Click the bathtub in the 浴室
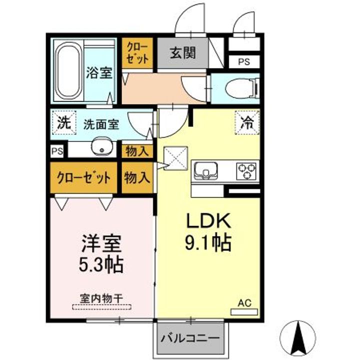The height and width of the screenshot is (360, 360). [68, 70]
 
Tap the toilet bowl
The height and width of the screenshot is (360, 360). [242, 89]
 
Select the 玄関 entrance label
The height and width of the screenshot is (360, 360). [183, 53]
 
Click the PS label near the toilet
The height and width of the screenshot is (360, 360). [244, 62]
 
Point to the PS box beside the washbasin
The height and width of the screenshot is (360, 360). [57, 151]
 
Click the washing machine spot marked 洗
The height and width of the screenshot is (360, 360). [64, 123]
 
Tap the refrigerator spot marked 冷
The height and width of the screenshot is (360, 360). [247, 122]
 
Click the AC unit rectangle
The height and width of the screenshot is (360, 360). [244, 312]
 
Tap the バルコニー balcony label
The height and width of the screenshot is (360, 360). [190, 338]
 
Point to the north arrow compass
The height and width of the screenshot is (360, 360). [298, 338]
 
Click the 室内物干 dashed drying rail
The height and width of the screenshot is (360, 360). [101, 307]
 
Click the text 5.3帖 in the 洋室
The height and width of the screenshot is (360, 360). [101, 265]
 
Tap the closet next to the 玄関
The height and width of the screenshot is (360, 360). [137, 53]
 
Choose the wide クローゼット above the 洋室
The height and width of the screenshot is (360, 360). [83, 177]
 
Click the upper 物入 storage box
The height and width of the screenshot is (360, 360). [137, 151]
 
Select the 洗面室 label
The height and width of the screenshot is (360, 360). [101, 124]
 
